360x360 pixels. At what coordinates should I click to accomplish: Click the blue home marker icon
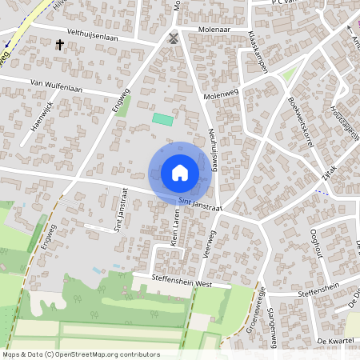(180, 172)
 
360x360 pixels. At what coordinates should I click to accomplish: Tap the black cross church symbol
(60, 45)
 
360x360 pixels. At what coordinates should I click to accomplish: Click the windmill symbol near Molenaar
(174, 38)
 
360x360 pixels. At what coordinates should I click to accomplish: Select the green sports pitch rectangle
(162, 118)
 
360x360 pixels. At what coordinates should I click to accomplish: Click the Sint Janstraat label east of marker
(199, 205)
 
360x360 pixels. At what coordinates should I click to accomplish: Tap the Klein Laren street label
(174, 226)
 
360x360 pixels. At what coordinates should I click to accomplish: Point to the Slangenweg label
(271, 321)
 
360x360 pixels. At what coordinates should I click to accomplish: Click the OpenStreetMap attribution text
(81, 354)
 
